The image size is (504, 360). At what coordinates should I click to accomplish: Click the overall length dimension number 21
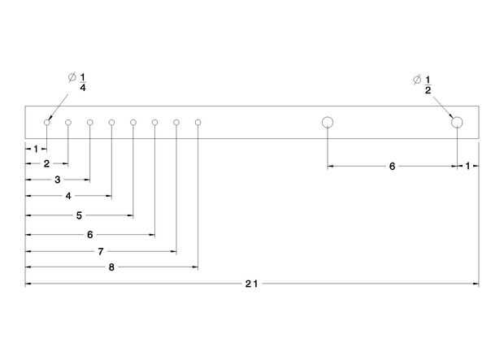pyautogui.click(x=251, y=284)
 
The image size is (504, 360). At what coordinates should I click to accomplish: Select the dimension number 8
pyautogui.click(x=111, y=267)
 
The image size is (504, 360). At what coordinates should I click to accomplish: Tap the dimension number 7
pyautogui.click(x=101, y=252)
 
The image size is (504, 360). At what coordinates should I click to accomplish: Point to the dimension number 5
pyautogui.click(x=79, y=216)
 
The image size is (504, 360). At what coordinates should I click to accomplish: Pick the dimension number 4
pyautogui.click(x=68, y=197)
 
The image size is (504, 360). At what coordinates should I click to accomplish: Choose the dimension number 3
pyautogui.click(x=58, y=179)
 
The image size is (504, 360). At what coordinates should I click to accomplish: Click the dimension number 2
pyautogui.click(x=46, y=164)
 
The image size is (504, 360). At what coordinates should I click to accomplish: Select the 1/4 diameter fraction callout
pyautogui.click(x=82, y=80)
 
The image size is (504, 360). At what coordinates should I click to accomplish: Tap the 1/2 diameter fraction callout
pyautogui.click(x=428, y=85)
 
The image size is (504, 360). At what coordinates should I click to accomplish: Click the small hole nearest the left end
pyautogui.click(x=47, y=123)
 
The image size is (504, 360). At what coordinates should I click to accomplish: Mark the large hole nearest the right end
pyautogui.click(x=457, y=123)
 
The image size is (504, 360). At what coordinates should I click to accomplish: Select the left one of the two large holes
pyautogui.click(x=328, y=123)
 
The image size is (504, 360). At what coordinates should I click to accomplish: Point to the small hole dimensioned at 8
pyautogui.click(x=198, y=123)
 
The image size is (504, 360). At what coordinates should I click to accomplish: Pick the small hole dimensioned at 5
pyautogui.click(x=133, y=123)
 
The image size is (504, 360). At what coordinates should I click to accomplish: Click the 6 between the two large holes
pyautogui.click(x=392, y=167)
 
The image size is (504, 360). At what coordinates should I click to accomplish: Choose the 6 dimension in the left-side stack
pyautogui.click(x=89, y=235)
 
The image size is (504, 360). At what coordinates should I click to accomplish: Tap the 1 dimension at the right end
pyautogui.click(x=467, y=166)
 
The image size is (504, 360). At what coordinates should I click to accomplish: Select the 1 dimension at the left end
pyautogui.click(x=36, y=149)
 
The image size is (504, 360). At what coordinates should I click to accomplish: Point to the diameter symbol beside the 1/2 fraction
pyautogui.click(x=416, y=80)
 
